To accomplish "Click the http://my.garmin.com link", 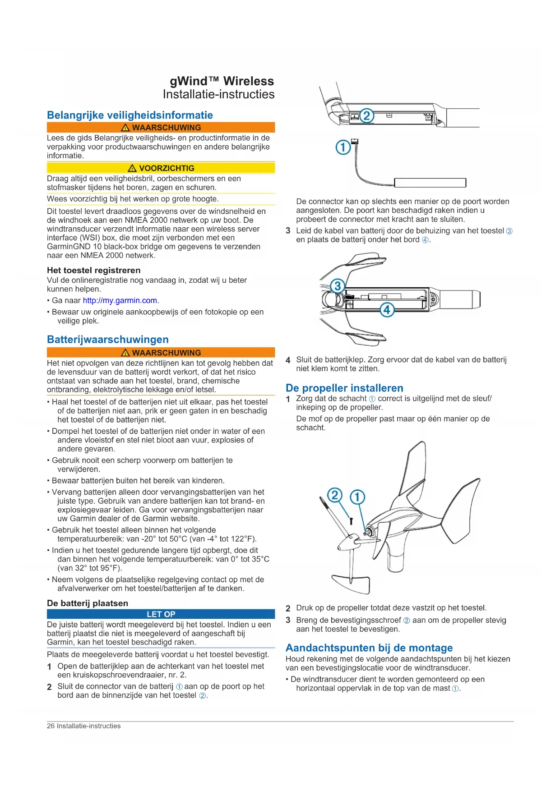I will coord(120,301).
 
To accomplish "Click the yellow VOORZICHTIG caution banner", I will coord(161,168).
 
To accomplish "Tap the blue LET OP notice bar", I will coord(161,614).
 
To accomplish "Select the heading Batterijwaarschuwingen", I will coord(108,340).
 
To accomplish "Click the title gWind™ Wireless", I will coord(222,81).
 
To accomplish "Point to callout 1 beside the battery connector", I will coord(343,147).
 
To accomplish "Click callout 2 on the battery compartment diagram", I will coord(366,116).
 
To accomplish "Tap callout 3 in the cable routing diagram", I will coord(337,285).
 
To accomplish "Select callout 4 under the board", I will coord(387,310).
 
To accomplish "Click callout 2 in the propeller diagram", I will coord(334,495).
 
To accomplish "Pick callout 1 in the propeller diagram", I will coord(357,497).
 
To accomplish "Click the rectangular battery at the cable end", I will coord(430,183).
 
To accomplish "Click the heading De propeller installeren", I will coord(344,388).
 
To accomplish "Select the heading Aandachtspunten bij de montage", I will coord(369,648).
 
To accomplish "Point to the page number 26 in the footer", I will coord(51,726).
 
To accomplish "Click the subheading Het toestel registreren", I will coord(94,270).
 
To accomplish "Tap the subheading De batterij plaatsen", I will coord(88,603).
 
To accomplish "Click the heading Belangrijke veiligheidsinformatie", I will coord(130,115).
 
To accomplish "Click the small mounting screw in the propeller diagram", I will coord(351,521).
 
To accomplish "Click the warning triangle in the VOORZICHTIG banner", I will coord(132,168).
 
